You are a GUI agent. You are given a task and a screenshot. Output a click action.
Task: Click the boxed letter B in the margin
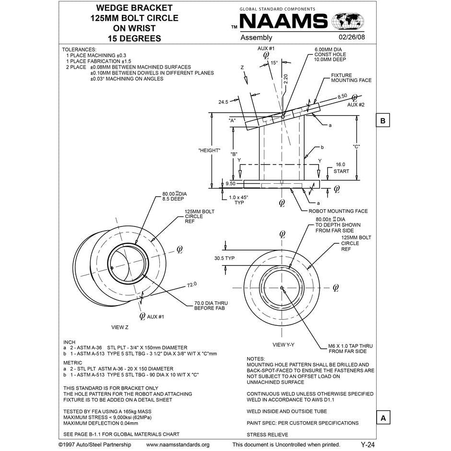tap(382, 120)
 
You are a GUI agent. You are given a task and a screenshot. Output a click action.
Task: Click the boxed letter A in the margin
tap(382, 418)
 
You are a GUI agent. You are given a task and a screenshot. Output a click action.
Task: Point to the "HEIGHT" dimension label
tap(209, 151)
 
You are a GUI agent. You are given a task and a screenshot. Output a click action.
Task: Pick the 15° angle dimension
tap(274, 63)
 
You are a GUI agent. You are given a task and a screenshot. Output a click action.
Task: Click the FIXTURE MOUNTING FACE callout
tap(351, 78)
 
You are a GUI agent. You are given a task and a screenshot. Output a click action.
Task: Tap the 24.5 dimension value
tap(223, 102)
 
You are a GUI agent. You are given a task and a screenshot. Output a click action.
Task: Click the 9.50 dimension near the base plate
tap(230, 183)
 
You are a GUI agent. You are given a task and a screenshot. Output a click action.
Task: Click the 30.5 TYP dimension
tap(224, 258)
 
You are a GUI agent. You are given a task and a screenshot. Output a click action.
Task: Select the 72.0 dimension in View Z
tap(191, 285)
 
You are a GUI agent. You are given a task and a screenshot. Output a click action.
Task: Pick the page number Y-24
tap(368, 445)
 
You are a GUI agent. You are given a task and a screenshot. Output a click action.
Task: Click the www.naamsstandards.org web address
tap(178, 445)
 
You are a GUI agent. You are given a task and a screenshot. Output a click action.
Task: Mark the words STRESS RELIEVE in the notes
tap(267, 435)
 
